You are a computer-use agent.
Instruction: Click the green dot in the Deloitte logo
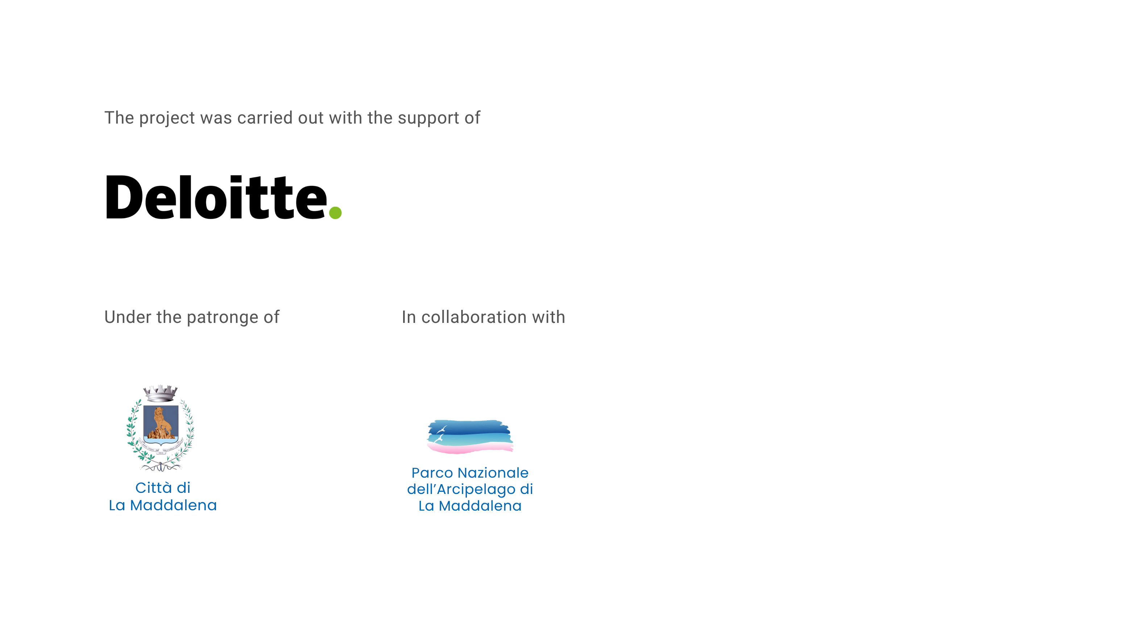click(335, 212)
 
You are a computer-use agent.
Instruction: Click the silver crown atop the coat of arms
click(160, 393)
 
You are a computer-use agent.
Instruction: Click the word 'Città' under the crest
click(154, 488)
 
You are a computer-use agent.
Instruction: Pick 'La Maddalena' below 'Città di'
click(163, 505)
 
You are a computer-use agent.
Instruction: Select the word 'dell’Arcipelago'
click(461, 489)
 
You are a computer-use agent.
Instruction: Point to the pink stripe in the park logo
click(470, 447)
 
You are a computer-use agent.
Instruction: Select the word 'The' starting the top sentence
click(119, 118)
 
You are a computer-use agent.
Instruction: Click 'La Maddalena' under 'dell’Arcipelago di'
click(470, 506)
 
